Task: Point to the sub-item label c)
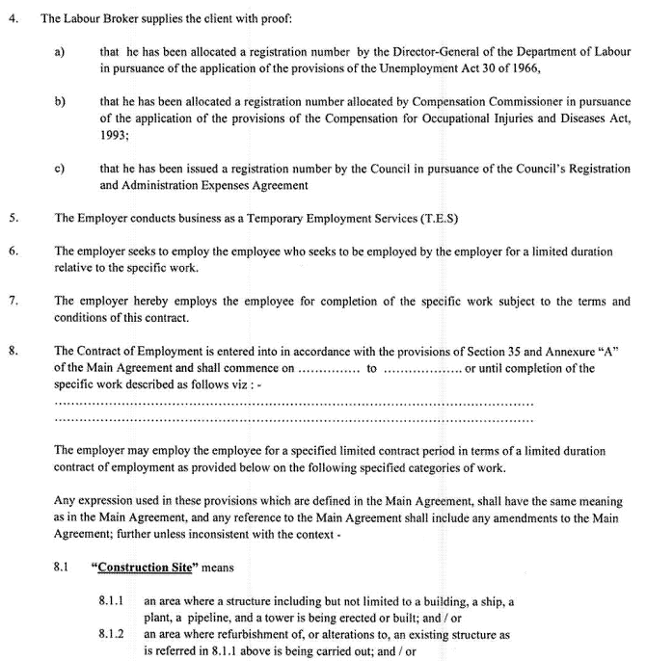click(59, 168)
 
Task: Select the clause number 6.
click(13, 251)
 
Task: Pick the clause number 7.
click(13, 302)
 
